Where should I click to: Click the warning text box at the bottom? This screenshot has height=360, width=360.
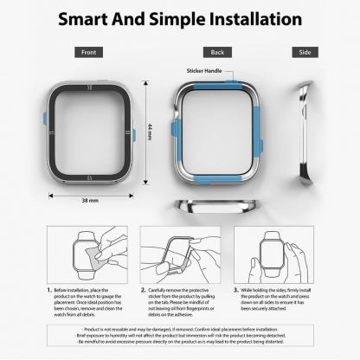(180, 340)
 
